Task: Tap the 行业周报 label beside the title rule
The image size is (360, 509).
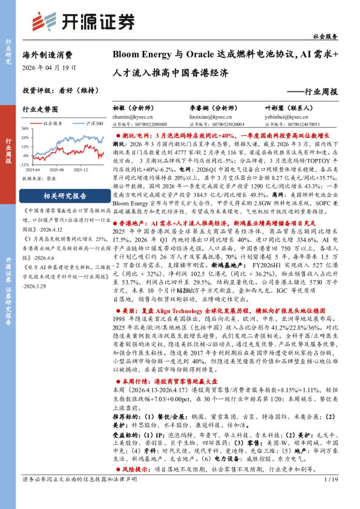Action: (317, 92)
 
